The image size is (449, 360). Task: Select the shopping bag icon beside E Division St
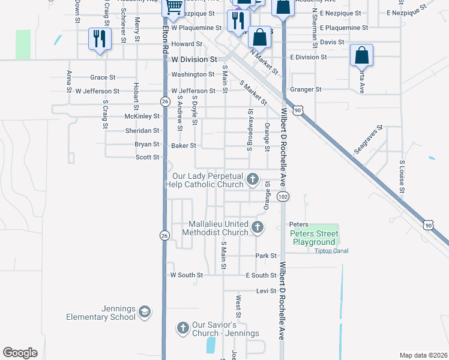coord(361,56)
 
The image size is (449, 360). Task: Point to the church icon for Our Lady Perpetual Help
coord(253,178)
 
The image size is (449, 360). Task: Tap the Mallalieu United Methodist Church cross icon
coord(258,227)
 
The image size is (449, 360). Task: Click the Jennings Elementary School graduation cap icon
coord(144,311)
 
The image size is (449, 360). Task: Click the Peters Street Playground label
coord(315,238)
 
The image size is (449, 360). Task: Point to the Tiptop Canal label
coord(331,251)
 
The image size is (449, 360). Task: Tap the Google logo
coord(20,353)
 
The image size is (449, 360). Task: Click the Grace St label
coord(103,77)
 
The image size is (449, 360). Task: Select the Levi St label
coord(265,290)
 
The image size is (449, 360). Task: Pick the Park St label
coord(265,256)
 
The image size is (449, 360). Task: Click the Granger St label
coord(306,89)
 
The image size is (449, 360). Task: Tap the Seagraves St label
coord(368,140)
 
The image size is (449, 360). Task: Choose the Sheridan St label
coord(142,130)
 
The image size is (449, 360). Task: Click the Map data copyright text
coord(423,355)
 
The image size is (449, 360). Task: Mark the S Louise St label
coord(402,173)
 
